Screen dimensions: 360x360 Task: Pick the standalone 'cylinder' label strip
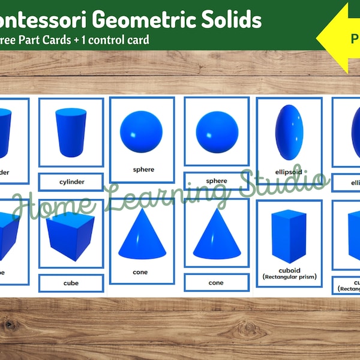(71, 181)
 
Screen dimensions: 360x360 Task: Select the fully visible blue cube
(70, 236)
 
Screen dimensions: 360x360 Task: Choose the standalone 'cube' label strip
(71, 283)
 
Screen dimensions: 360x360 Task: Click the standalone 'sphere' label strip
(217, 181)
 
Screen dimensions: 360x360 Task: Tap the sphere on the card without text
(217, 131)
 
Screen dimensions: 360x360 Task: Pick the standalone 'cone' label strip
(216, 283)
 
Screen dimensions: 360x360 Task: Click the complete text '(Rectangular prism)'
(290, 277)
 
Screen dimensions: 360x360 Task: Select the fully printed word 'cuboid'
(290, 269)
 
